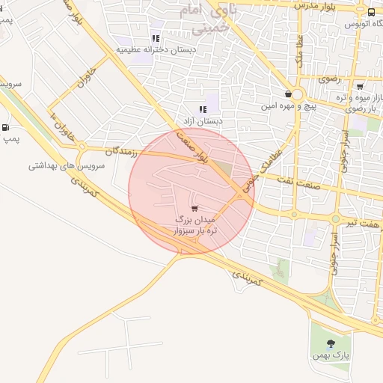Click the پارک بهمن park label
pyautogui.click(x=332, y=357)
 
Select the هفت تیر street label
pyautogui.click(x=364, y=223)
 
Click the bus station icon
pyautogui.click(x=372, y=11)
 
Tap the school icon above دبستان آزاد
pyautogui.click(x=203, y=109)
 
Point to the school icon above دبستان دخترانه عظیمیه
pyautogui.click(x=156, y=38)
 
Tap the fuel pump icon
pyautogui.click(x=7, y=128)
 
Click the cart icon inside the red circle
pyautogui.click(x=195, y=209)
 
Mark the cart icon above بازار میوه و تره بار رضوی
pyautogui.click(x=360, y=86)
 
